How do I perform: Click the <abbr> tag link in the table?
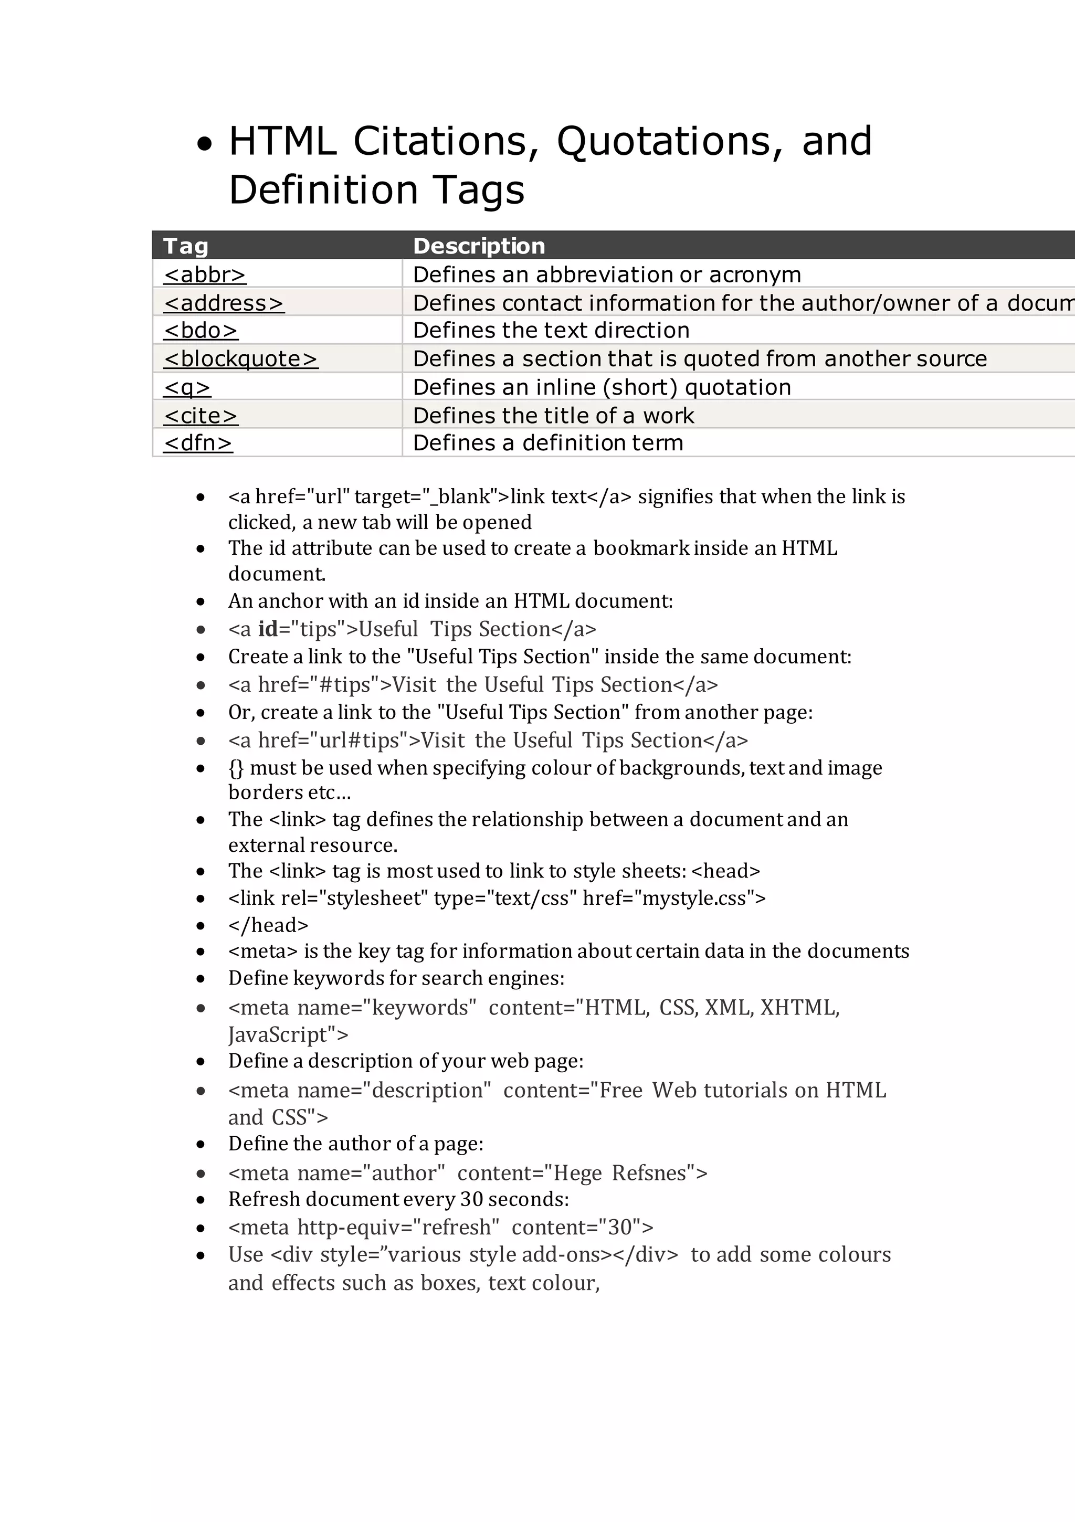click(204, 274)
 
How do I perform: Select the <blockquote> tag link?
click(241, 358)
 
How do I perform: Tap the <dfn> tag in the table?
click(197, 443)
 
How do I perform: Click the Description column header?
click(478, 246)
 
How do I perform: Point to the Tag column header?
click(186, 246)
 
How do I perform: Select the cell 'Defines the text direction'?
click(551, 330)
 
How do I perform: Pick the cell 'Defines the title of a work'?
click(553, 416)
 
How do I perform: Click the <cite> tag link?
click(201, 416)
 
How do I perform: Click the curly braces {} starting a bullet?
click(236, 768)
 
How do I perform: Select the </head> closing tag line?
click(268, 925)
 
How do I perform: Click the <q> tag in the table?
click(187, 387)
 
